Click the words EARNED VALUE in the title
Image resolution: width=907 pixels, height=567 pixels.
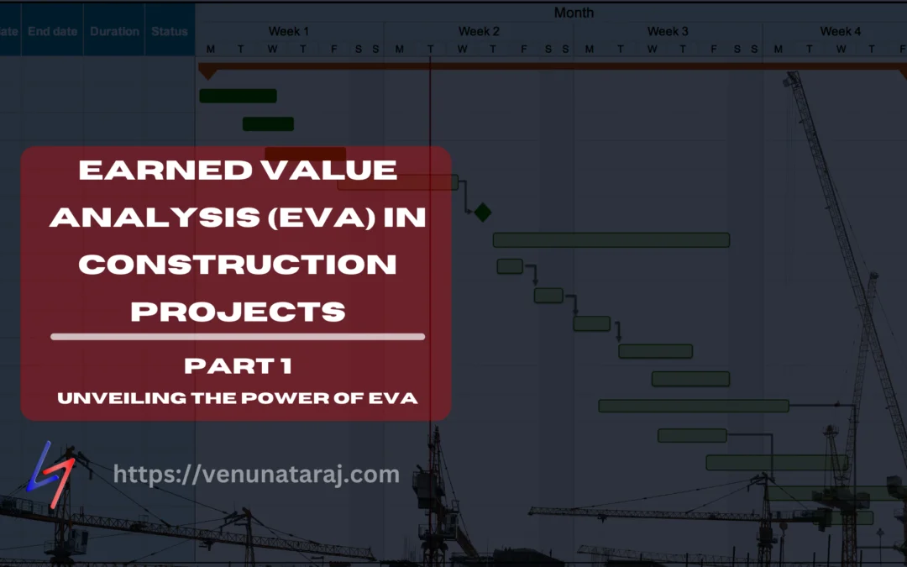click(x=237, y=171)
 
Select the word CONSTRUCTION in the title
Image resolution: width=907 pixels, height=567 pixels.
click(x=237, y=265)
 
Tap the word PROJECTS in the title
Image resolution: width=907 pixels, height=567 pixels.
click(x=238, y=312)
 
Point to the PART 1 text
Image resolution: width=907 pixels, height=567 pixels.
click(x=238, y=367)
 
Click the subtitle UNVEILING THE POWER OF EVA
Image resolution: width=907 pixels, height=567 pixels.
click(x=238, y=397)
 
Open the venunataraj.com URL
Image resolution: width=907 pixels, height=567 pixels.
click(x=256, y=475)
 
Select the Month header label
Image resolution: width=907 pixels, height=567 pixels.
click(x=574, y=13)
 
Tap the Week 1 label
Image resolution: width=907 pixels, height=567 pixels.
click(x=289, y=31)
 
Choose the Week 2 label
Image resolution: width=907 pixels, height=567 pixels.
click(x=479, y=31)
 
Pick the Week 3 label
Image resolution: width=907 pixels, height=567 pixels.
click(x=668, y=31)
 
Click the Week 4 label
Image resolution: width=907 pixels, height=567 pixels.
click(x=840, y=31)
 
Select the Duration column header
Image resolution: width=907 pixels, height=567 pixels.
click(x=114, y=31)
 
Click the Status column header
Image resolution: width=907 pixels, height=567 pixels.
click(x=170, y=31)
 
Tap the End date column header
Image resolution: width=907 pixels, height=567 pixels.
click(x=52, y=31)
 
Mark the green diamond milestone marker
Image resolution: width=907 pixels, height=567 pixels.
click(x=482, y=213)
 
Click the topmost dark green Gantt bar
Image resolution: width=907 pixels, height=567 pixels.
click(x=238, y=96)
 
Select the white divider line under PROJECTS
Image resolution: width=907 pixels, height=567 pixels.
click(x=238, y=337)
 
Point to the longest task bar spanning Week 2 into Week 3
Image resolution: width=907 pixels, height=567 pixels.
click(x=611, y=240)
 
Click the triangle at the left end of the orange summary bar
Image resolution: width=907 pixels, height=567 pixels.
click(x=207, y=73)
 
